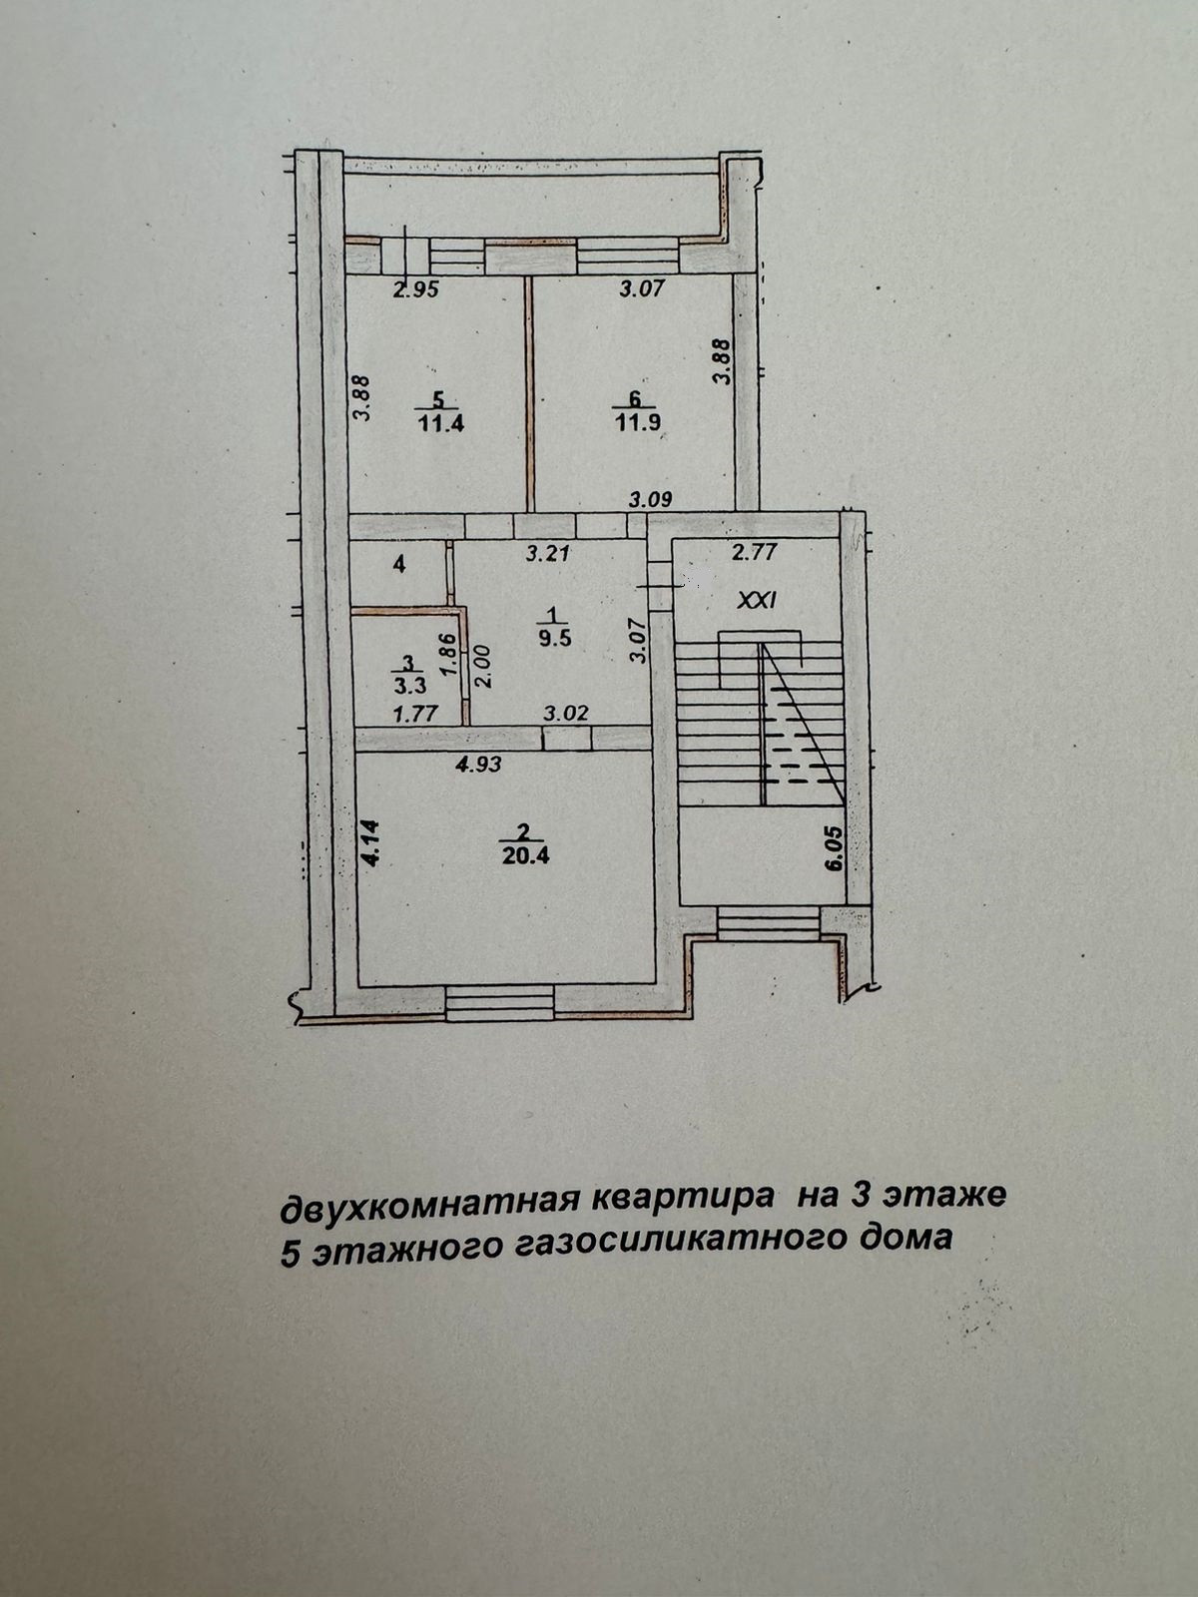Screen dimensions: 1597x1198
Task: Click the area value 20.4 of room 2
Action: tap(529, 854)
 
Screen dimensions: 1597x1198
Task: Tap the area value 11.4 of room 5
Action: tap(441, 422)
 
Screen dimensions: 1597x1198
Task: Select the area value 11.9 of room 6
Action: tap(638, 422)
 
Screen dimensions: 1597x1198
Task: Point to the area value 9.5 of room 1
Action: tap(554, 639)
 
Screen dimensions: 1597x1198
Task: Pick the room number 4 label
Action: tap(399, 565)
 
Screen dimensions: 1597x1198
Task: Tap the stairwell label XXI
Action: tap(756, 601)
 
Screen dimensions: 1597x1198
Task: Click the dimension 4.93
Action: tap(478, 766)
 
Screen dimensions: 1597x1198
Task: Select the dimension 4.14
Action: tap(371, 841)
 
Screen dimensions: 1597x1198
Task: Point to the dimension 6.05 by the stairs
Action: tap(834, 848)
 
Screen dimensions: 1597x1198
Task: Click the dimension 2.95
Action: tap(416, 290)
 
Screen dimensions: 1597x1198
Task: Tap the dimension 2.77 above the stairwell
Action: tap(754, 550)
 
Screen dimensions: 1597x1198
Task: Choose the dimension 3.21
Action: tap(547, 552)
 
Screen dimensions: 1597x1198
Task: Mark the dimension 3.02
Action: tap(565, 714)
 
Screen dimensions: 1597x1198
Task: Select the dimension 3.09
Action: tap(650, 499)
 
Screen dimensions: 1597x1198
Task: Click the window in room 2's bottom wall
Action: tap(499, 1002)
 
